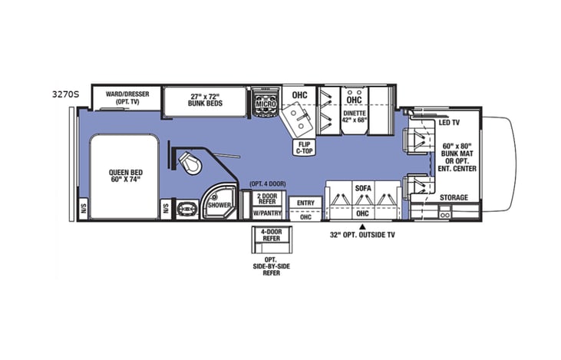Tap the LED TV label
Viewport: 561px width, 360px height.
(450, 123)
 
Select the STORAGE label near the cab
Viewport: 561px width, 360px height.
(454, 197)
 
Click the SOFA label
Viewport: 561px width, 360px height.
(363, 187)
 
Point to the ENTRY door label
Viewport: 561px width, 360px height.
(305, 203)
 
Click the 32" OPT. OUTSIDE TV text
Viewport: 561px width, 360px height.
(363, 236)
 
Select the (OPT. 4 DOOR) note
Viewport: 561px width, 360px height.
(268, 185)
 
